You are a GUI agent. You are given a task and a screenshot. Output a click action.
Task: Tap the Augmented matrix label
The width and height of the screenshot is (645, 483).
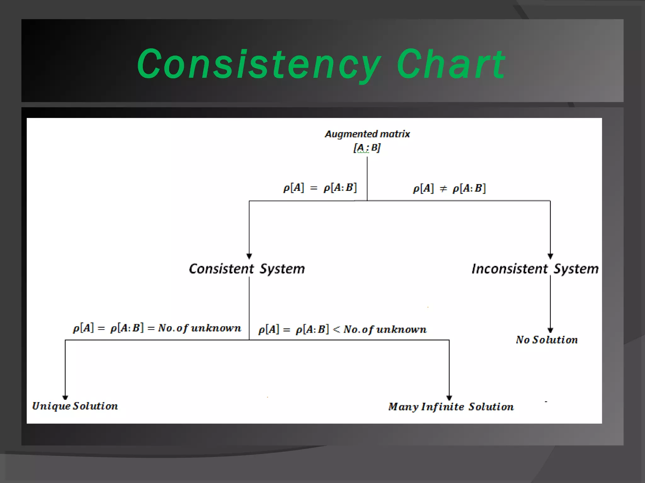367,134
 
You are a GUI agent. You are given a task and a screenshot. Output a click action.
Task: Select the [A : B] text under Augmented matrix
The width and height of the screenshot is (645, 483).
367,147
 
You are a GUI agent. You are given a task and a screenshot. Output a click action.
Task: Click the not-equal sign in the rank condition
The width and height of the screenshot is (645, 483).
443,189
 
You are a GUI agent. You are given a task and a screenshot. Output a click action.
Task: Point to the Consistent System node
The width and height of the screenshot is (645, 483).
247,269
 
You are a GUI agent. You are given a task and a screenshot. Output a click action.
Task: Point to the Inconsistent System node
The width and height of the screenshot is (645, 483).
535,269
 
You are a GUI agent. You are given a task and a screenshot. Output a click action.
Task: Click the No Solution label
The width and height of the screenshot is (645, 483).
547,340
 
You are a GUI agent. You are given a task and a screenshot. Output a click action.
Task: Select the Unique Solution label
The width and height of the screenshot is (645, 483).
75,406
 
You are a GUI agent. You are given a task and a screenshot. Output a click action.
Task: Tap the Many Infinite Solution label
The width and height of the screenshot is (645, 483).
451,407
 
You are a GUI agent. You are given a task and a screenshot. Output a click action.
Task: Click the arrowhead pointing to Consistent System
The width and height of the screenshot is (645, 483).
249,256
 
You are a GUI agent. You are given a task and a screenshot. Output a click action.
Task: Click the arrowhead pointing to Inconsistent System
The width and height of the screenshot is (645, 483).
550,256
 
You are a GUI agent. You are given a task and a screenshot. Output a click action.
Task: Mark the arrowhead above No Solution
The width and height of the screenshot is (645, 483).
550,330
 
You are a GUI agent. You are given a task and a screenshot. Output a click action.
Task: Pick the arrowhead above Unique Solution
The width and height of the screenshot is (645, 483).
65,397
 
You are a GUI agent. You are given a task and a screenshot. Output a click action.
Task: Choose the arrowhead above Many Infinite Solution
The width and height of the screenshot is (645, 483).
449,398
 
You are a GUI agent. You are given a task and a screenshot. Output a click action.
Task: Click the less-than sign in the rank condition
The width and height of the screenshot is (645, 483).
336,330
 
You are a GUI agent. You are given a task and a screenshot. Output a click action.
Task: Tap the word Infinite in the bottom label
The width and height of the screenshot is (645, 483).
443,407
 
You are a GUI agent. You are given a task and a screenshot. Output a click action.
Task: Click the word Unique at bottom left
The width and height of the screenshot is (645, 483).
51,406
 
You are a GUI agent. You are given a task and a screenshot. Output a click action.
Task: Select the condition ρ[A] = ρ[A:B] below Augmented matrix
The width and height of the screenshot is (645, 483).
320,188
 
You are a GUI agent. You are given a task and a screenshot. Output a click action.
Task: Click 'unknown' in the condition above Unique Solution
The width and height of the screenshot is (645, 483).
216,328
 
